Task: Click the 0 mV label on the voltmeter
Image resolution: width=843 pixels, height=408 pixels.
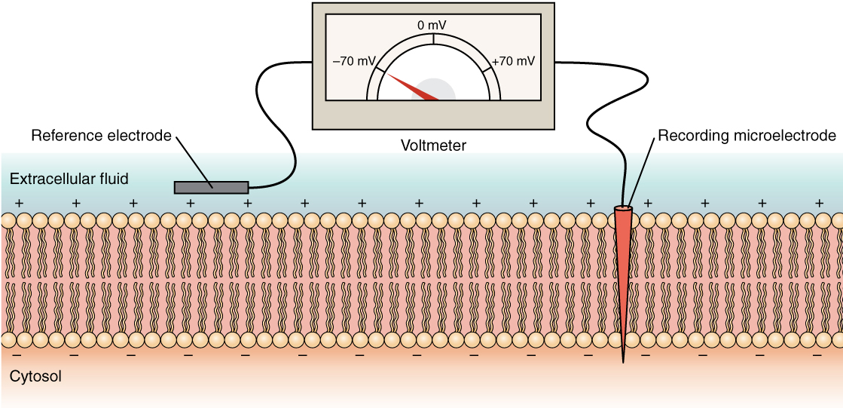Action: (433, 26)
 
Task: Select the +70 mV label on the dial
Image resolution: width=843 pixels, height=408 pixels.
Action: (512, 62)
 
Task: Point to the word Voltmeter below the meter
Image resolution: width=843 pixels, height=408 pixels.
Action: (433, 146)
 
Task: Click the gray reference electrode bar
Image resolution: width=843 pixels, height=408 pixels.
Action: (212, 186)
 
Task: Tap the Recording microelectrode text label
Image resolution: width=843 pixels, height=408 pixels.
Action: (747, 136)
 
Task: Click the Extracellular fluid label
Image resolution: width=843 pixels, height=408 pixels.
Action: (69, 179)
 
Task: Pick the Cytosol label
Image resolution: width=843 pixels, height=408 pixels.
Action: (36, 375)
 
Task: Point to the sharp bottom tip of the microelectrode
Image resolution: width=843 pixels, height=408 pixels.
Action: (623, 360)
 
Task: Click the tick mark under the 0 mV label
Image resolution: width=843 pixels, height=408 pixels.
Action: (433, 38)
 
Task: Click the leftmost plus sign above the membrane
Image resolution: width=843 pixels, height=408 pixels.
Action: (19, 204)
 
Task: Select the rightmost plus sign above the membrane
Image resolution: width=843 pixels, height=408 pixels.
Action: (819, 204)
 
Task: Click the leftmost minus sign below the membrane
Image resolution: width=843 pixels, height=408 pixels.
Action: (17, 353)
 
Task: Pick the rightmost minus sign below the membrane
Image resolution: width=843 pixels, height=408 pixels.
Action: (817, 353)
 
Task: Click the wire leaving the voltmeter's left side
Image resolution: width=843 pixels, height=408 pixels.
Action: (279, 68)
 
